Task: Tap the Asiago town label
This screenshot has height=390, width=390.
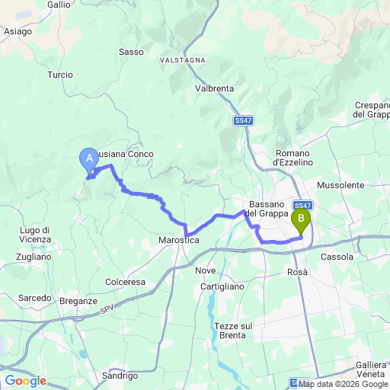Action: (18, 31)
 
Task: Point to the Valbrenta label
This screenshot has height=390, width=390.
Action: (214, 88)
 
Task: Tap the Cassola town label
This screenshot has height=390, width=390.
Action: (338, 257)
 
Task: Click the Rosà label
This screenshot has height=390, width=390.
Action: (297, 271)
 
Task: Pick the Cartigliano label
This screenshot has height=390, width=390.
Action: (222, 286)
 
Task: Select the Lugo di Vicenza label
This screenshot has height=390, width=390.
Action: (35, 235)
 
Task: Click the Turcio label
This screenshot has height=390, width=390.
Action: (59, 75)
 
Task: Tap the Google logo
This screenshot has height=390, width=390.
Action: (25, 380)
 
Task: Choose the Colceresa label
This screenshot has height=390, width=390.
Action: (125, 281)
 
